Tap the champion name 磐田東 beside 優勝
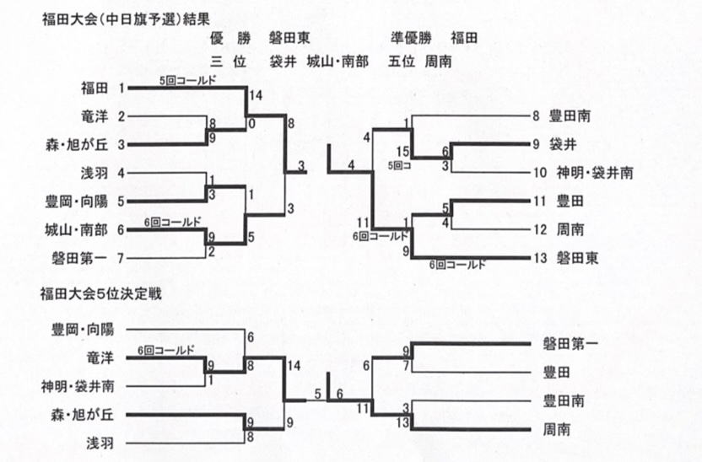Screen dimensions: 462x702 (x=289, y=38)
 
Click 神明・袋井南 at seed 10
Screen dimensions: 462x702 (x=594, y=173)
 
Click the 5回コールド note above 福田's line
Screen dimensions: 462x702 (x=187, y=80)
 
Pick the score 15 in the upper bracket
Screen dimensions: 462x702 (x=402, y=152)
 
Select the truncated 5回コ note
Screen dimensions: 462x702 (x=400, y=165)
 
